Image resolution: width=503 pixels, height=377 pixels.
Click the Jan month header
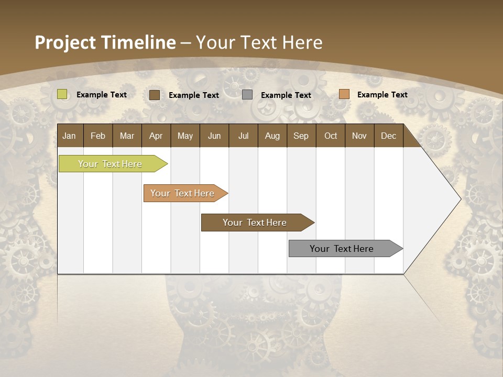[70, 136]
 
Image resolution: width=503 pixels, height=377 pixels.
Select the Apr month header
[156, 136]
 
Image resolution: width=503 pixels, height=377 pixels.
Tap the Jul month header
[243, 136]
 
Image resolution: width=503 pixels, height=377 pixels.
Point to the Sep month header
[301, 136]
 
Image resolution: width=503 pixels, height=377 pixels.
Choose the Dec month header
[388, 136]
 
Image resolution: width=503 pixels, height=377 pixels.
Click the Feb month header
[98, 136]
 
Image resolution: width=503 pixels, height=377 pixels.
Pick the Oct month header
[331, 136]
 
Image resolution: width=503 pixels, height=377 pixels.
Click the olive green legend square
[62, 94]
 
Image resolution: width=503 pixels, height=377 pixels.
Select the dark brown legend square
[155, 95]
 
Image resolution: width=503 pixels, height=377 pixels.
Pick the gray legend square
[247, 95]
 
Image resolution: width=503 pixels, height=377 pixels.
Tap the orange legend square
[344, 94]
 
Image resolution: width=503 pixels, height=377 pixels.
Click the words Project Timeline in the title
[105, 42]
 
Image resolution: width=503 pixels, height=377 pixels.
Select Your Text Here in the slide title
[259, 42]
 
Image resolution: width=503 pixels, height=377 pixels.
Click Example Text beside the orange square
[382, 95]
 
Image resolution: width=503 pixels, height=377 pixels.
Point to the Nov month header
[359, 136]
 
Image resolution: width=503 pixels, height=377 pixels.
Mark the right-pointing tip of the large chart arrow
[460, 199]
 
